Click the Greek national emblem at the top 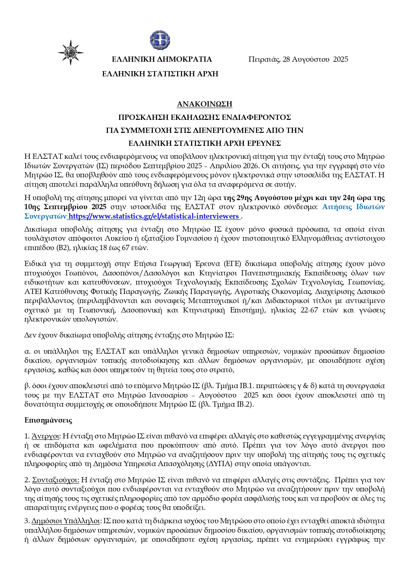[160, 41]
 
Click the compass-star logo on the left [71, 52]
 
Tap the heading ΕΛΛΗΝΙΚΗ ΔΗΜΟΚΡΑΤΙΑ [162, 59]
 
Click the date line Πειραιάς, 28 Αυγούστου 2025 [298, 59]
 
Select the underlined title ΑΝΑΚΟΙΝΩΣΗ [204, 104]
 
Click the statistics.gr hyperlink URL [154, 216]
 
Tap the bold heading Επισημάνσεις [48, 420]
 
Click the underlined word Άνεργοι [45, 436]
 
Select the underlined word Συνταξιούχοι [55, 480]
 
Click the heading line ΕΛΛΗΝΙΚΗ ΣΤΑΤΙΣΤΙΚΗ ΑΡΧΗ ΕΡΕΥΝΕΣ [204, 143]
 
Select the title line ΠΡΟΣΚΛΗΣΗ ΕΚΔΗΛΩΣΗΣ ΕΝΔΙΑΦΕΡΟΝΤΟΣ [204, 117]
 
